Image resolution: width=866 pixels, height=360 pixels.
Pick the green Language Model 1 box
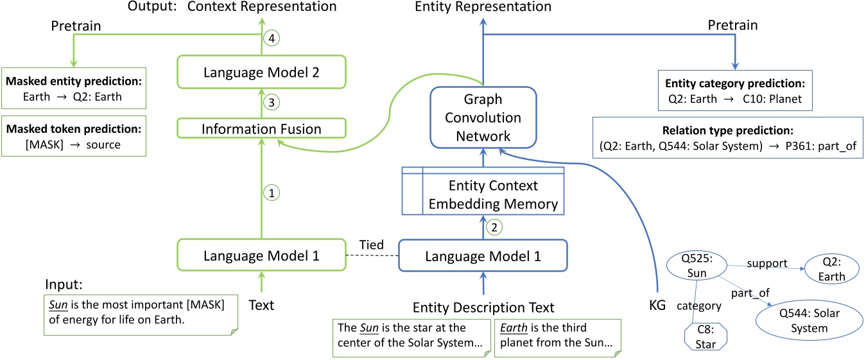coord(261,255)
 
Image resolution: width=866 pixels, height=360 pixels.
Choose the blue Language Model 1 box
coord(482,255)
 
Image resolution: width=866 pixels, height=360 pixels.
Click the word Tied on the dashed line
coord(371,244)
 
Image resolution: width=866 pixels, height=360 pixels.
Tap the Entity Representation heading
coord(483,7)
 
